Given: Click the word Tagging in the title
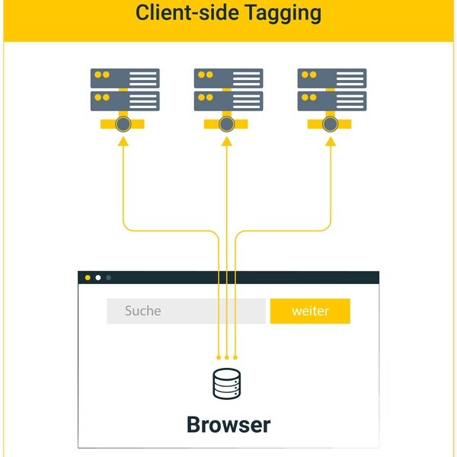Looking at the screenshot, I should point(276,14).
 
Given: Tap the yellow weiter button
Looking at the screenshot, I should point(310,311).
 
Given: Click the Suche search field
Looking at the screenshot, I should point(186,311).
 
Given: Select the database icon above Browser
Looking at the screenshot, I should point(226,384).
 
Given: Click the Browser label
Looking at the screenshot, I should point(228,424).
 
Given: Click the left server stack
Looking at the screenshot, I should point(125,90).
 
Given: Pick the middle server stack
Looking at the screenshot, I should point(228,90).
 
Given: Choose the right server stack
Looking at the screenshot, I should point(331,90).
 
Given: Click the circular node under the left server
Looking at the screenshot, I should point(123,125).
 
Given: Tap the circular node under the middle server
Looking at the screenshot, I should point(226,125).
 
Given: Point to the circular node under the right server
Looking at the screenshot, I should point(330,125).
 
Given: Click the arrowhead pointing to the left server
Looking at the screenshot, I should point(123,141).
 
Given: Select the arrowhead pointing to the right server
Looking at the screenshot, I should point(330,141).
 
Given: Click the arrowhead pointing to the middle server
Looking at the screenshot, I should point(226,141).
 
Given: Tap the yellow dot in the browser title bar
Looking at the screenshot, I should point(88,278).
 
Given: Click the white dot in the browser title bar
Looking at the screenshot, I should point(97,278).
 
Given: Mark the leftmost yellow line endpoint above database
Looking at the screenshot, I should point(219,356).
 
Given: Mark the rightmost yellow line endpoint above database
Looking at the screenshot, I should point(235,356).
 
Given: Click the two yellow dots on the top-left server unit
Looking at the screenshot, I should point(101,75).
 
